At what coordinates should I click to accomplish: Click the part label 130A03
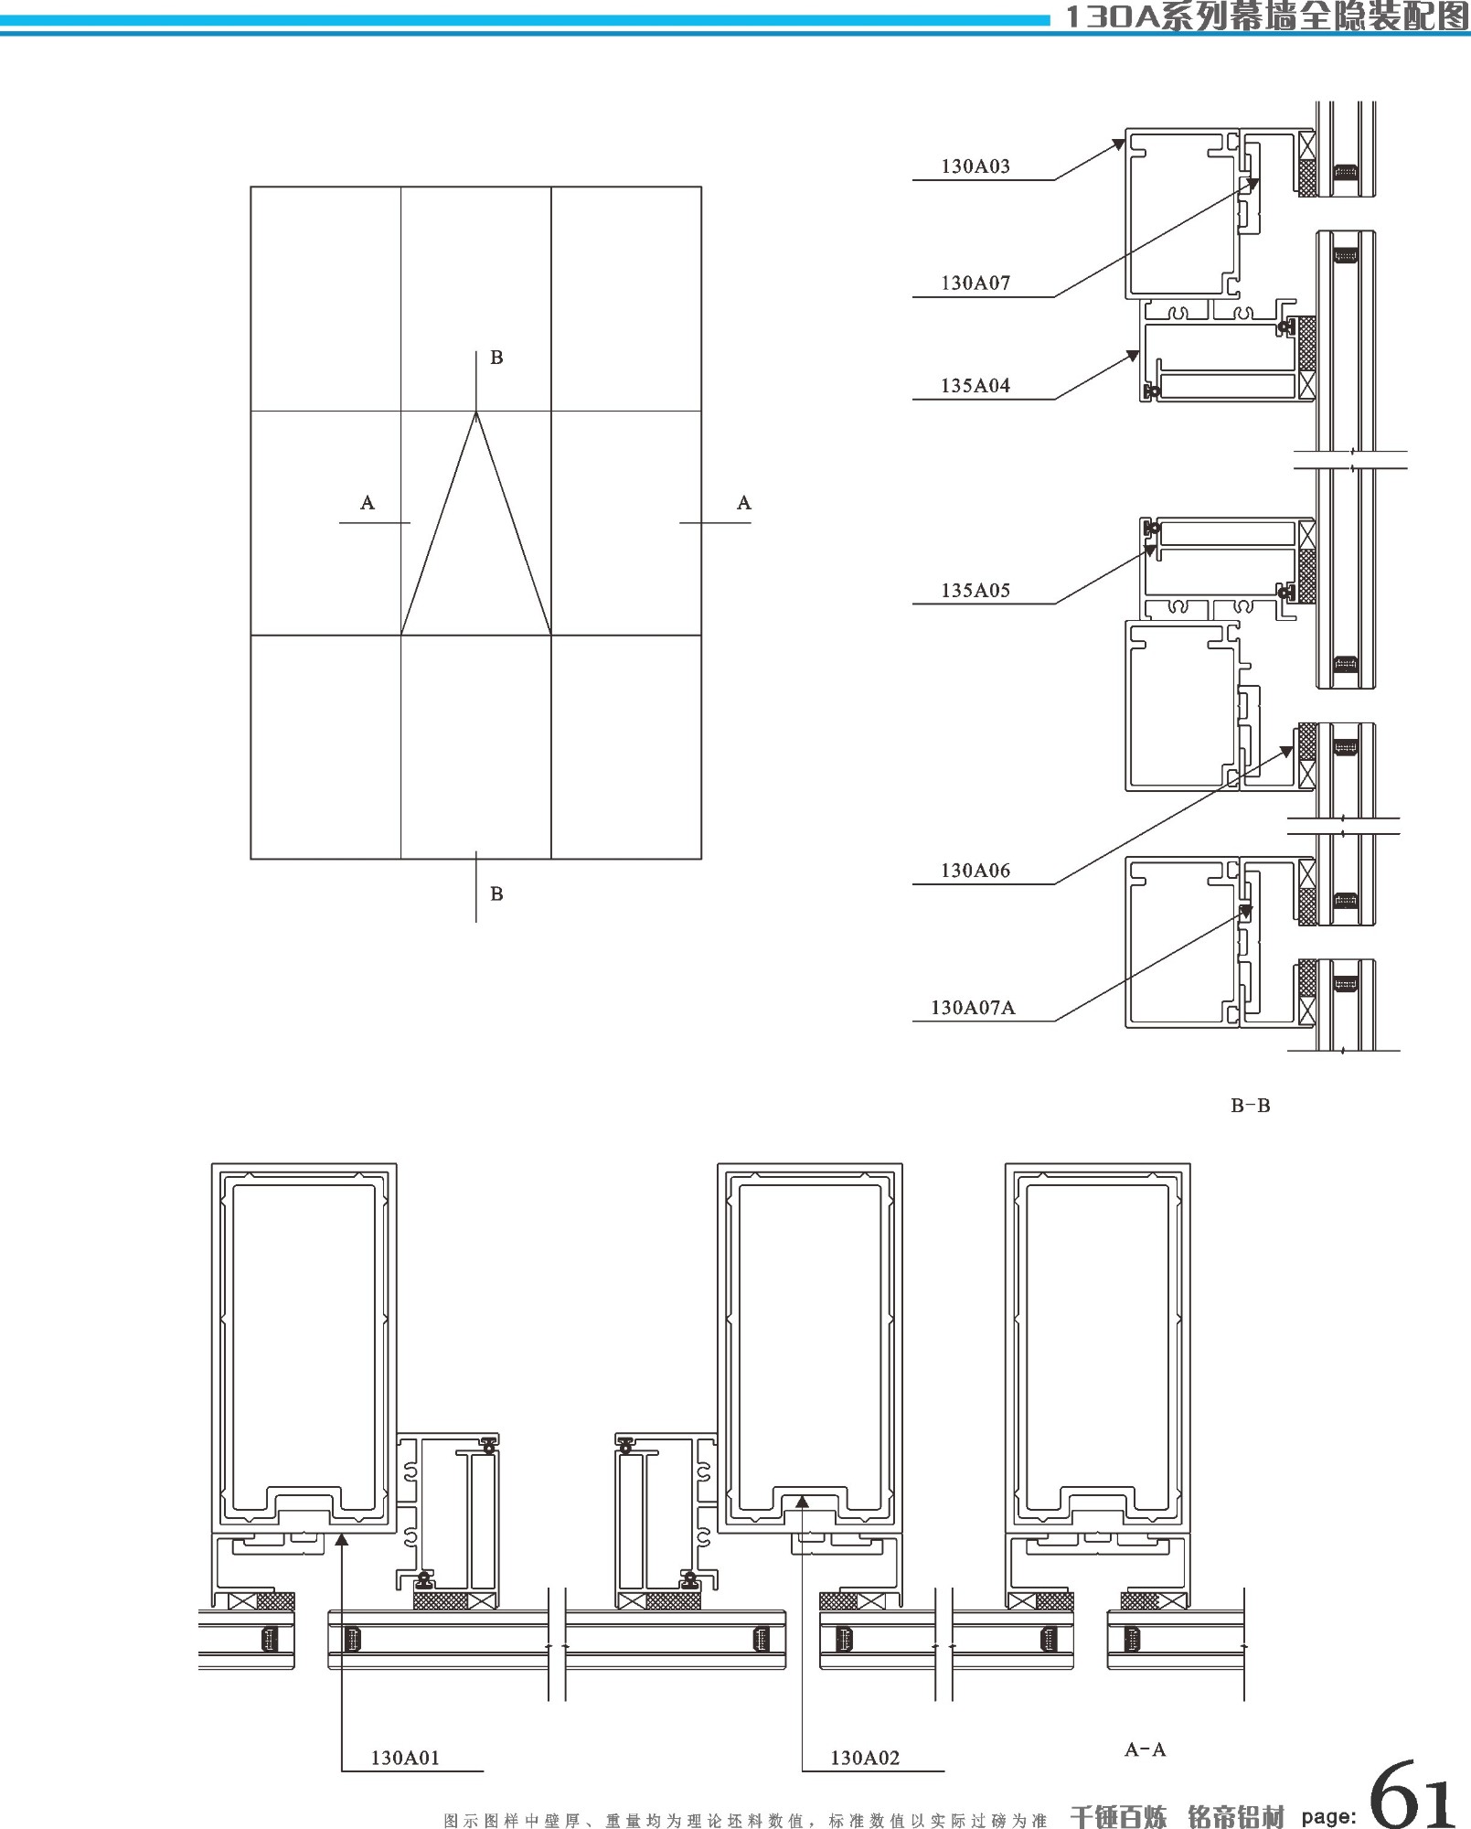point(975,166)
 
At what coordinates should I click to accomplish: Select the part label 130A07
point(975,283)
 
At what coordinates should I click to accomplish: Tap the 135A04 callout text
point(975,386)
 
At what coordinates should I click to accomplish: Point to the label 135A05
point(975,591)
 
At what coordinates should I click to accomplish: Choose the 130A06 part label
point(975,871)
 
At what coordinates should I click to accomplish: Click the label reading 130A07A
point(973,1008)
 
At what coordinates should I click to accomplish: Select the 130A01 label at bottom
point(405,1758)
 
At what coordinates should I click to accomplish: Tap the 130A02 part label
point(865,1758)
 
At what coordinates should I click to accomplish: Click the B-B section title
point(1250,1106)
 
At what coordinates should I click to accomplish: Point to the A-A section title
point(1145,1749)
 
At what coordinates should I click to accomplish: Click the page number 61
point(1412,1794)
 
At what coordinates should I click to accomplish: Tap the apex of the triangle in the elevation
point(475,413)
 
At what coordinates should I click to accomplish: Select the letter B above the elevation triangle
point(496,358)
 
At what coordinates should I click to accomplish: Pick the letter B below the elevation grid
point(496,893)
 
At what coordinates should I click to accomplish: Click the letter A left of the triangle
point(368,502)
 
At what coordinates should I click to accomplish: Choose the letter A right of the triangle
point(744,502)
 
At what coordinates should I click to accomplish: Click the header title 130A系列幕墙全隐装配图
point(1266,16)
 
